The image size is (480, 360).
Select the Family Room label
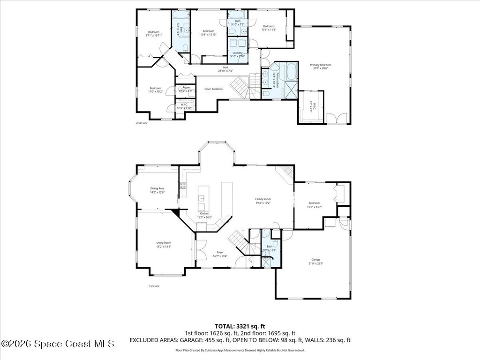pos(263,199)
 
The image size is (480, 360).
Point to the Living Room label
pos(164,243)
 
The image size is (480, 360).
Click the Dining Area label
pos(157,188)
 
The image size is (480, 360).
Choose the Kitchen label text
pos(204,213)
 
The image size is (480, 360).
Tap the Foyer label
pos(220,252)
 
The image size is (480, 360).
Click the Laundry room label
pos(238,53)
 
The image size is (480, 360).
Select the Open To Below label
pos(213,89)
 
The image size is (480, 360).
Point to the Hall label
pos(225,67)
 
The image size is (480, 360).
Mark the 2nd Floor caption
pos(142,123)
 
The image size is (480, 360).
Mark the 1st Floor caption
pos(154,285)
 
